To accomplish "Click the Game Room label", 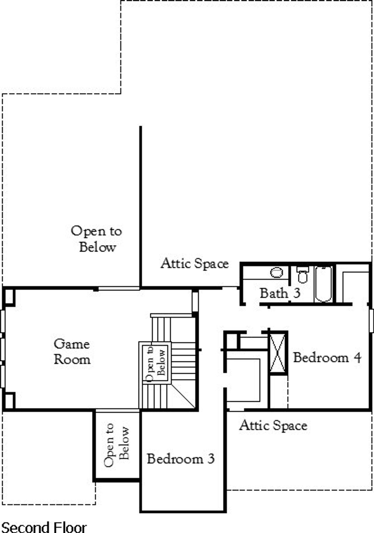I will [x=72, y=352].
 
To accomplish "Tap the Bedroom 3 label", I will [x=181, y=459].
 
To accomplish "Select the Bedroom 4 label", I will [x=327, y=357].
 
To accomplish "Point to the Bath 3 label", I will [x=280, y=293].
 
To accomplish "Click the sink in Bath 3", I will [x=276, y=273].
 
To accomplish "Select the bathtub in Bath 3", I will [x=323, y=284].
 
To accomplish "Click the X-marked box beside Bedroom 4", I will [x=278, y=353].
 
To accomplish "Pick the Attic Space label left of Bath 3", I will [x=195, y=263].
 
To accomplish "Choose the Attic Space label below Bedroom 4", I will [x=273, y=425].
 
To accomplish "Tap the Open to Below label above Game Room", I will [x=96, y=239].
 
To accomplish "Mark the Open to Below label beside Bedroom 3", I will [x=117, y=445].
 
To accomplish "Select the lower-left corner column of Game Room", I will [x=9, y=400].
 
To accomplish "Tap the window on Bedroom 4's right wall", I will [x=371, y=321].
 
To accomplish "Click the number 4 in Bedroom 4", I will [x=357, y=358].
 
